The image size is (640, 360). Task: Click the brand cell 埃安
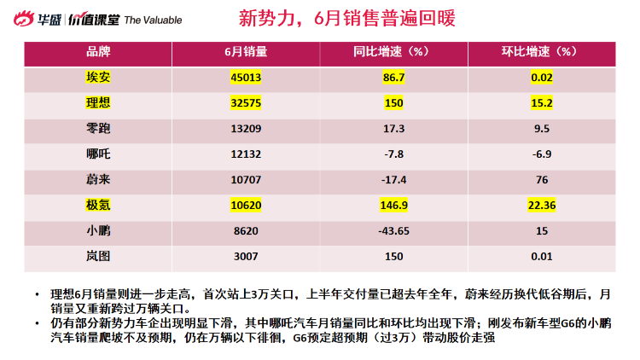[99, 78]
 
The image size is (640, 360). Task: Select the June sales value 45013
[246, 78]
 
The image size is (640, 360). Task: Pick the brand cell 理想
[99, 104]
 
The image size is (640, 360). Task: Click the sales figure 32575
[246, 104]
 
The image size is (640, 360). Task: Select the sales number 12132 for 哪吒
[246, 155]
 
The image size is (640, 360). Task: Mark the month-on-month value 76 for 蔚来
[540, 181]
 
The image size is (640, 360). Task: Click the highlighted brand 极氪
[99, 206]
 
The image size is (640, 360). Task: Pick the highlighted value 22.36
[540, 206]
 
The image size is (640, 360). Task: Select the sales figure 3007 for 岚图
[246, 256]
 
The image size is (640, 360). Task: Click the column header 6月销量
[246, 52]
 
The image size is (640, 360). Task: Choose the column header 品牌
[99, 52]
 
